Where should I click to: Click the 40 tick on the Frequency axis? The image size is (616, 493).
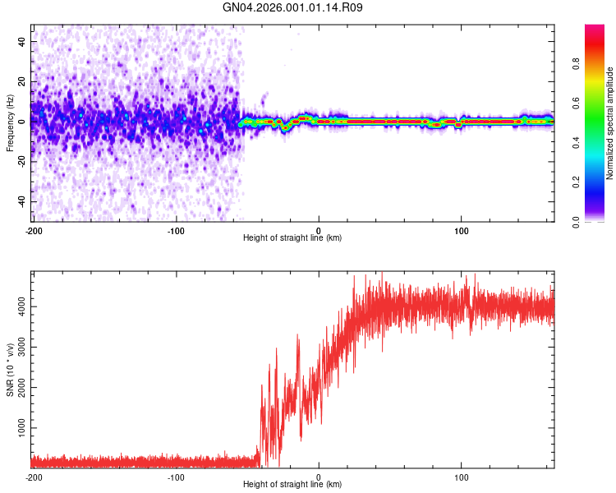coord(22,41)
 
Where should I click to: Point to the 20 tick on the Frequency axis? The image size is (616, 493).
coord(22,81)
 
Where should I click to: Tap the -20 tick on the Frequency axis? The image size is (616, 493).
coord(21,161)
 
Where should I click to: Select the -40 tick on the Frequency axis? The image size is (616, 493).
coord(21,201)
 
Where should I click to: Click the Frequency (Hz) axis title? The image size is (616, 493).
coord(9,123)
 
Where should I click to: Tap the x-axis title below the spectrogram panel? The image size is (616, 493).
coord(292,238)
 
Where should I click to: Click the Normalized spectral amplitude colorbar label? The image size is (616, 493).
coord(610,123)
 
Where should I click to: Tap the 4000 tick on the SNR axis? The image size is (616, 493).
coord(18,306)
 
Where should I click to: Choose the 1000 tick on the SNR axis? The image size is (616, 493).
coord(18,429)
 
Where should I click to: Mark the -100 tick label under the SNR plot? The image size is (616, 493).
coord(176,477)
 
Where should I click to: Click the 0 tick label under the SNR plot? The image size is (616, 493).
coord(319,477)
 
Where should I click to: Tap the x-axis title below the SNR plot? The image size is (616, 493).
coord(292,485)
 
